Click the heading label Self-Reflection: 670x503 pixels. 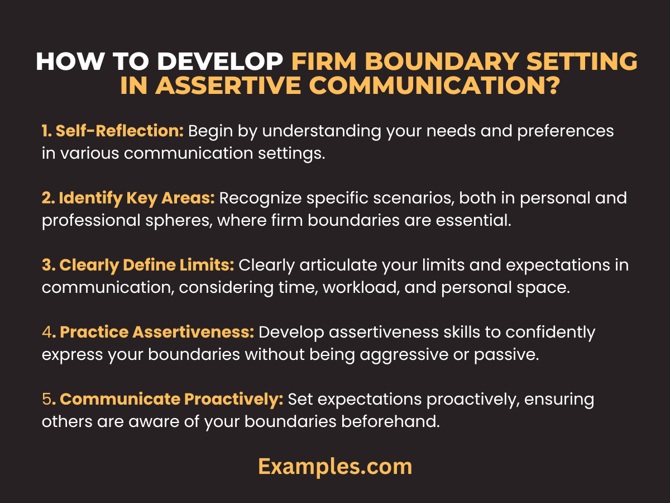112,131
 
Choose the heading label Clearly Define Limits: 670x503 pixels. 138,265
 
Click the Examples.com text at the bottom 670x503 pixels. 335,466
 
